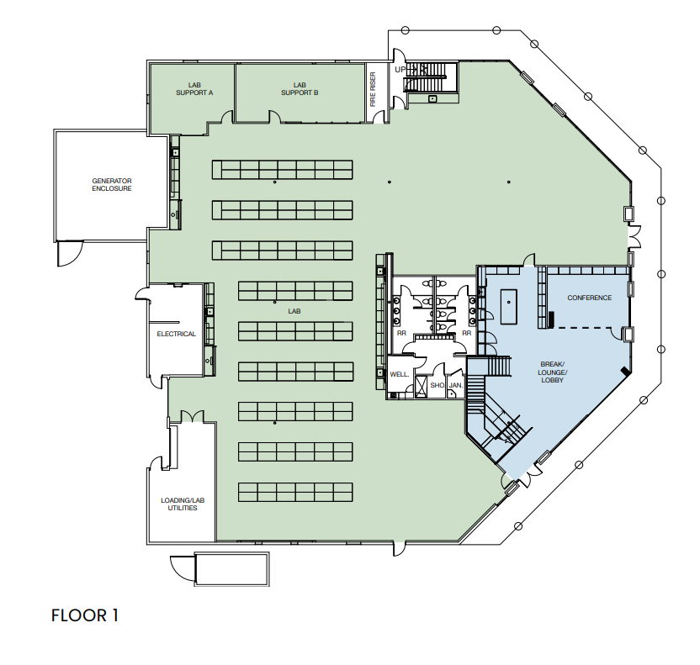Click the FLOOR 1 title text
pyautogui.click(x=85, y=615)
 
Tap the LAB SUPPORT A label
pyautogui.click(x=194, y=88)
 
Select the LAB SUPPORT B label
pyautogui.click(x=300, y=88)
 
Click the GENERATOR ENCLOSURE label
pyautogui.click(x=112, y=184)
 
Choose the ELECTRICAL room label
pyautogui.click(x=176, y=334)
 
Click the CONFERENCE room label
pyautogui.click(x=589, y=298)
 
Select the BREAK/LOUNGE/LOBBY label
pyautogui.click(x=553, y=372)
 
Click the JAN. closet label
pyautogui.click(x=456, y=385)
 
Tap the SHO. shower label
pyautogui.click(x=437, y=385)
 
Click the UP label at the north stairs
pyautogui.click(x=400, y=69)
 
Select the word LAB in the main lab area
pyautogui.click(x=294, y=310)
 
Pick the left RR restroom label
pyautogui.click(x=401, y=333)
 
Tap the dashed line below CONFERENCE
pyautogui.click(x=589, y=326)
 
